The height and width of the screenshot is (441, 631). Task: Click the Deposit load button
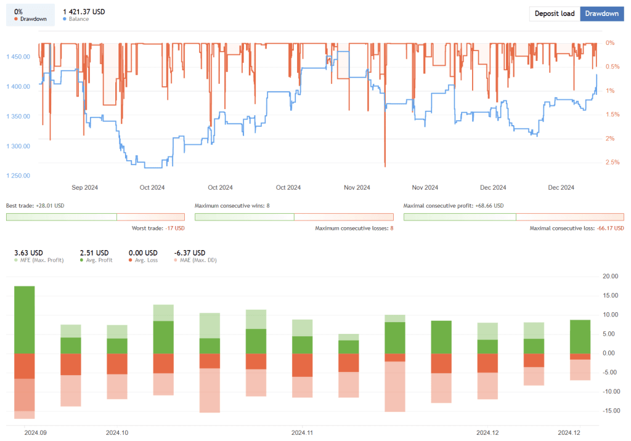[x=555, y=14]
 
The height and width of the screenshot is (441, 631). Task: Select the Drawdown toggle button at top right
[x=601, y=14]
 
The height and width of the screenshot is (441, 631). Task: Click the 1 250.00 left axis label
[x=18, y=176]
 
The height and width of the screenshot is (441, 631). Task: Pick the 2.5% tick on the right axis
[x=612, y=162]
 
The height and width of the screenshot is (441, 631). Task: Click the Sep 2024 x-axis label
[x=85, y=188]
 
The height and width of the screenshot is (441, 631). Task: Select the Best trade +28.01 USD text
[x=35, y=206]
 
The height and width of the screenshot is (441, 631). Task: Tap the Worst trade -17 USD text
[x=158, y=229]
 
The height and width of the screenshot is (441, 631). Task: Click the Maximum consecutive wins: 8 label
[x=232, y=206]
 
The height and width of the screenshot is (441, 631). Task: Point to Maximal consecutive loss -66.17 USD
[x=577, y=229]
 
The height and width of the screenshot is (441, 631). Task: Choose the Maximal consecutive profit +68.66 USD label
[x=453, y=206]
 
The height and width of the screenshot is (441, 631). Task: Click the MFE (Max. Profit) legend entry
[x=40, y=261]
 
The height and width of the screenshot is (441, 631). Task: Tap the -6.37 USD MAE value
[x=190, y=253]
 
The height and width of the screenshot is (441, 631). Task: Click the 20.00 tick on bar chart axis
[x=610, y=277]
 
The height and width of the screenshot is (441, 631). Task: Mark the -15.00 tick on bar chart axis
[x=609, y=411]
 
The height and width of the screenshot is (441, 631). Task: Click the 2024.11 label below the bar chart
[x=303, y=433]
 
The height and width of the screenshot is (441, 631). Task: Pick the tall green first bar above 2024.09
[x=25, y=320]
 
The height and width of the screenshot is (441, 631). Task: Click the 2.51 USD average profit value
[x=94, y=253]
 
